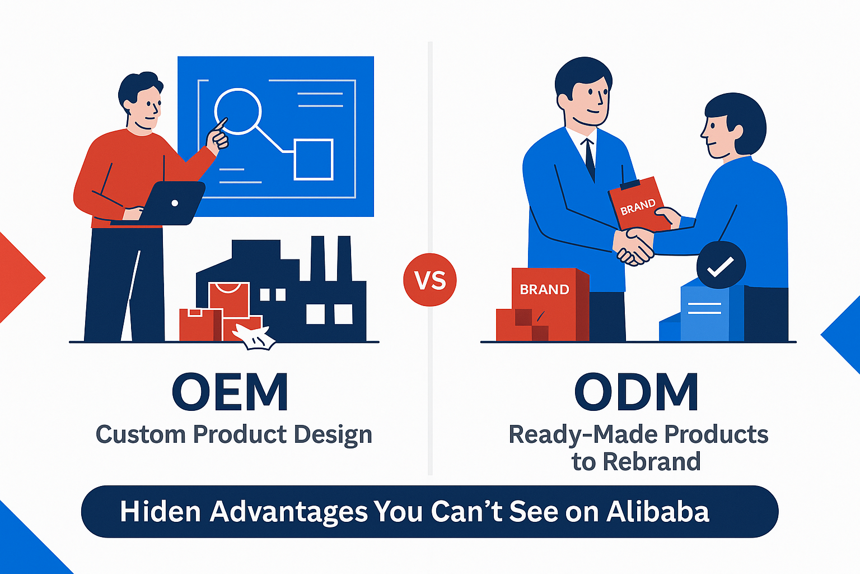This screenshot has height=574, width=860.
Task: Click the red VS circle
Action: [430, 280]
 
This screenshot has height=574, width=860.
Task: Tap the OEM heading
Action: [230, 392]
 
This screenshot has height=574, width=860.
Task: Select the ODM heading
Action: [637, 392]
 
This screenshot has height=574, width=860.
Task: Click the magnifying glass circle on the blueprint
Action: [238, 111]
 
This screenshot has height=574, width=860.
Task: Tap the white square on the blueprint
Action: [314, 160]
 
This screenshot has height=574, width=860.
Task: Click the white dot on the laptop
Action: [175, 203]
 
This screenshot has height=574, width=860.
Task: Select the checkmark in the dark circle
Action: [721, 266]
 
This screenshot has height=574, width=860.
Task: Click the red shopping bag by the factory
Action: [229, 300]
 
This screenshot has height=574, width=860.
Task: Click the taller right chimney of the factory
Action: [343, 258]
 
